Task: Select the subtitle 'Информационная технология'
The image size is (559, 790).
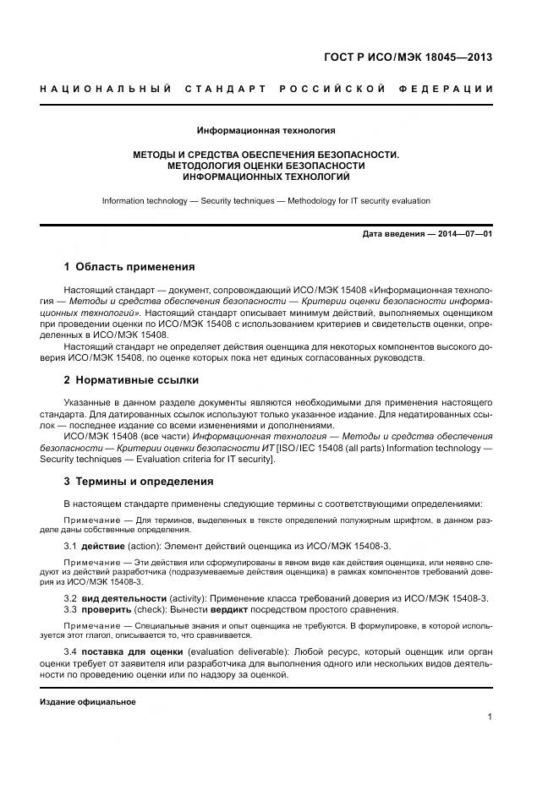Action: click(x=266, y=131)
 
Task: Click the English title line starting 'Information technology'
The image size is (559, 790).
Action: click(x=266, y=201)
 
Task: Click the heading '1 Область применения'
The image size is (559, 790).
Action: click(x=129, y=267)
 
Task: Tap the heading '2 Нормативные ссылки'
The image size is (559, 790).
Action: click(x=131, y=380)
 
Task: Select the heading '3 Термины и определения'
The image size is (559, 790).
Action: click(x=139, y=482)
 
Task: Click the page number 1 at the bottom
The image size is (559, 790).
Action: click(x=490, y=716)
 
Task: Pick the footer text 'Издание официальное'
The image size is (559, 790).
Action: click(x=88, y=701)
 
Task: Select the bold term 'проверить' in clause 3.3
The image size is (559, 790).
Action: click(x=106, y=609)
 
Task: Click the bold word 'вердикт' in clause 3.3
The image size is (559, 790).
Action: click(x=229, y=609)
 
